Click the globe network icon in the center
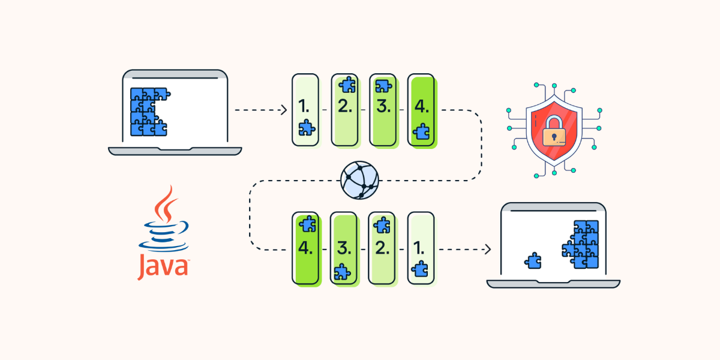coord(360,179)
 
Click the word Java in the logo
coord(163,267)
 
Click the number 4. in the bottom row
coord(307,248)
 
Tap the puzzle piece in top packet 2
coord(347,85)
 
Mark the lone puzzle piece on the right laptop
coord(532,260)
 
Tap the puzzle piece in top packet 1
coord(307,127)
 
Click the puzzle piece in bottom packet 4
coord(307,224)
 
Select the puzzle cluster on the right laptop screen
coord(581,244)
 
